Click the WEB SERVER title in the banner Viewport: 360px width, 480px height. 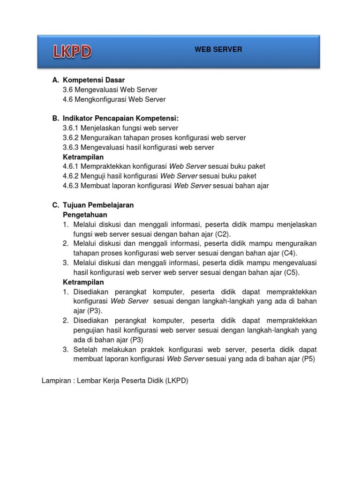(218, 49)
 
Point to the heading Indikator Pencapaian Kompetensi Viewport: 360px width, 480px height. (121, 119)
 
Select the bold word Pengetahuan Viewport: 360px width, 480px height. (85, 215)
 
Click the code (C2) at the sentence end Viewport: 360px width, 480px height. (224, 234)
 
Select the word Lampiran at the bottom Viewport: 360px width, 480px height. (56, 381)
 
